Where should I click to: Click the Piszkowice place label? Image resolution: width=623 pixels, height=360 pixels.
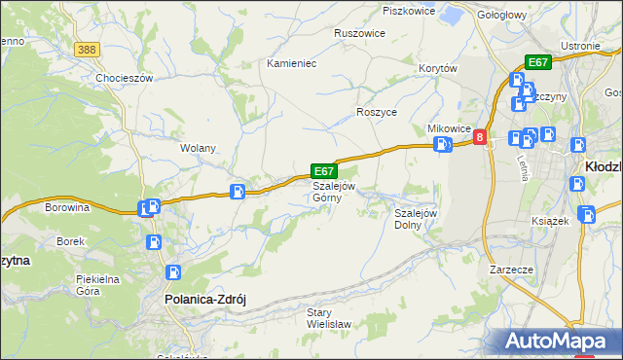[x=407, y=11]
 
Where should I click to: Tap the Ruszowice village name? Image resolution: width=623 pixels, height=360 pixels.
[x=359, y=33]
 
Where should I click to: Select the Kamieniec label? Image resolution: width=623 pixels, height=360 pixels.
[x=292, y=62]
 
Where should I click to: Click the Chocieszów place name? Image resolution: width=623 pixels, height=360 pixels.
[x=126, y=78]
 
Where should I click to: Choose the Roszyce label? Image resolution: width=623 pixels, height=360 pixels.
[x=377, y=112]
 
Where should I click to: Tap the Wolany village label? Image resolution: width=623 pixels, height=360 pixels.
[x=198, y=148]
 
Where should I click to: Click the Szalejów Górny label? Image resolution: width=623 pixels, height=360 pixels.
[x=334, y=192]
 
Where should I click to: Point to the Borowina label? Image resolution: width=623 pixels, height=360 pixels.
[x=67, y=207]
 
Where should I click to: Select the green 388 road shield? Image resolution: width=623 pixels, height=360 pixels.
[x=88, y=50]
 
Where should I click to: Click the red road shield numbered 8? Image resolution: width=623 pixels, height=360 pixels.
[x=480, y=139]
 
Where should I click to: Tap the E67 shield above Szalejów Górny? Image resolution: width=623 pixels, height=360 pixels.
[x=324, y=170]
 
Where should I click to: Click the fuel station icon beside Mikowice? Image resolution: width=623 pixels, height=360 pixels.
[x=443, y=146]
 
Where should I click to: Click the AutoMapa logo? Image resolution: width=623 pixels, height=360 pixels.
[x=561, y=342]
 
